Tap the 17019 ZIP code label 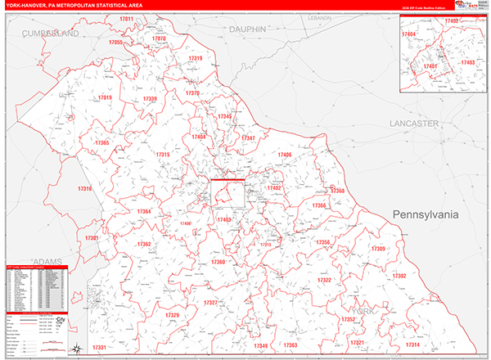pos(105,97)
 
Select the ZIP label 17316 pos(85,189)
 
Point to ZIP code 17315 pos(163,155)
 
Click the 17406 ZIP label pos(285,155)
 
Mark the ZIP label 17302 pos(399,277)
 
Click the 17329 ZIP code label pos(172,316)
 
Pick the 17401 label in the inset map pos(430,66)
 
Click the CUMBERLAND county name pos(51,33)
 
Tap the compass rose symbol pos(77,349)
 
